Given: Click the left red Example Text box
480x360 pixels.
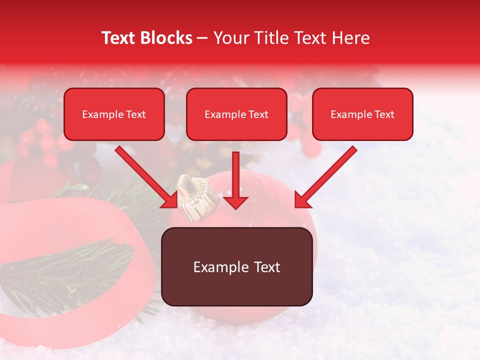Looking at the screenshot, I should [x=114, y=114].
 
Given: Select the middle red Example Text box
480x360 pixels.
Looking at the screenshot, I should [x=236, y=114].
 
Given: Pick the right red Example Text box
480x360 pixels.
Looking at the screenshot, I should [x=362, y=114].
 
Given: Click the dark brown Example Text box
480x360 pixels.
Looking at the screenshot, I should [x=237, y=267].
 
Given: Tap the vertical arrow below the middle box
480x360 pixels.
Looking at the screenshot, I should [x=235, y=180].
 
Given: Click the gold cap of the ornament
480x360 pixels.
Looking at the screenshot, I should [x=192, y=197].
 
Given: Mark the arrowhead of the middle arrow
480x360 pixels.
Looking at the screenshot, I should [x=235, y=202].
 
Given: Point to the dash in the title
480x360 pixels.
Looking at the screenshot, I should [x=202, y=38].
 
